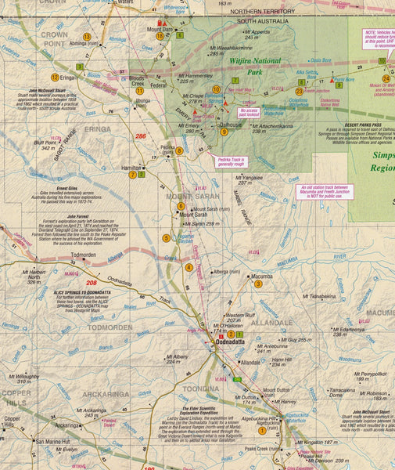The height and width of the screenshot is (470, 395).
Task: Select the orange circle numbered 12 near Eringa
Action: pos(55,77)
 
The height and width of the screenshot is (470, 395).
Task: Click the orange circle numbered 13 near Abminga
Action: pos(87,37)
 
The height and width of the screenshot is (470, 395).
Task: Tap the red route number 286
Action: pos(141,136)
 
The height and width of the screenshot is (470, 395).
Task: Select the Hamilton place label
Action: pos(131,168)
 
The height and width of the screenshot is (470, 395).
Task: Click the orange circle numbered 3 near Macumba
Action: pos(258,284)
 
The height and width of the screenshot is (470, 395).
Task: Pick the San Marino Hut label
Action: pos(53,442)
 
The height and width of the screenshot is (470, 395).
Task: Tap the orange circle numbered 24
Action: pos(386,79)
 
